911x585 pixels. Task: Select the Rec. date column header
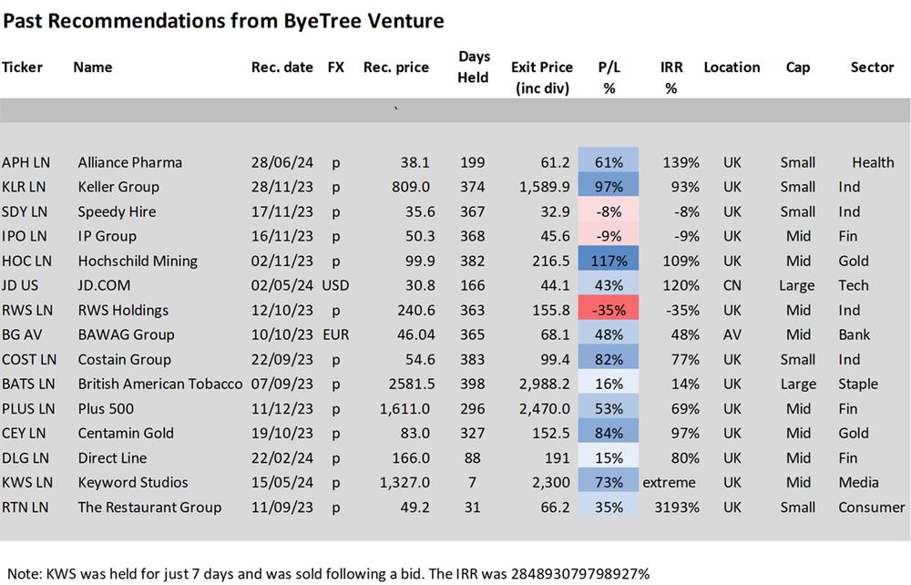click(281, 67)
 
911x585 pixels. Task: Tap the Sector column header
click(872, 67)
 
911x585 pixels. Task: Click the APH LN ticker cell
click(26, 162)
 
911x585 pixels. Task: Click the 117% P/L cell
click(609, 261)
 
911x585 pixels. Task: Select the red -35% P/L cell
click(609, 310)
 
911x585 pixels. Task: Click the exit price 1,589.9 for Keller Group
click(542, 187)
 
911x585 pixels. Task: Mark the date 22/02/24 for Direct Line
click(281, 457)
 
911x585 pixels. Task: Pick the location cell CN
click(731, 285)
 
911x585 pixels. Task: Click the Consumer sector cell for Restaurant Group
click(871, 507)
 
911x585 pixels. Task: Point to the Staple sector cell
click(858, 384)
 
